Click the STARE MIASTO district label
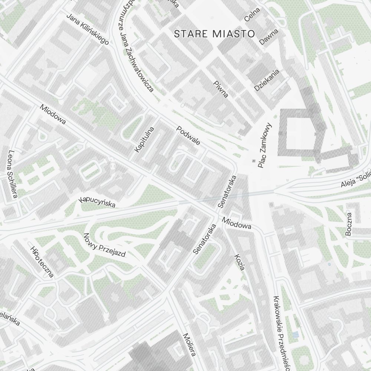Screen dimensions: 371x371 tap(215, 34)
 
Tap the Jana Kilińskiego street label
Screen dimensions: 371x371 tap(87, 29)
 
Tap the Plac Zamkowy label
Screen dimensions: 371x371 tap(265, 145)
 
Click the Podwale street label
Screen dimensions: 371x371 tap(188, 136)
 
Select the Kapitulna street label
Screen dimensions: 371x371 tap(144, 139)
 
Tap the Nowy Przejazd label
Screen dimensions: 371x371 tap(104, 245)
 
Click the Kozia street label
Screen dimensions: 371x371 tap(240, 262)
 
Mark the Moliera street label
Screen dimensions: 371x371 tap(189, 345)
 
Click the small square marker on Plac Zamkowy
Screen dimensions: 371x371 tap(254, 161)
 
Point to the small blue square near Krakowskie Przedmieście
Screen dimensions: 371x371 tap(295, 335)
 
